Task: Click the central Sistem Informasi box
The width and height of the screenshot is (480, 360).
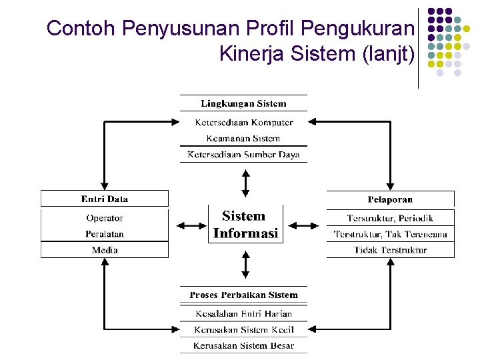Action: (245, 225)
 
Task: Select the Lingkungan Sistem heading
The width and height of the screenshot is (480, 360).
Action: (243, 103)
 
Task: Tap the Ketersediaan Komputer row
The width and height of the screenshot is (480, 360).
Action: (243, 122)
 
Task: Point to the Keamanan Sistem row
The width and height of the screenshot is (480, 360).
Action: (243, 139)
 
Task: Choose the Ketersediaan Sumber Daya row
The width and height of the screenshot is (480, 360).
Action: (243, 155)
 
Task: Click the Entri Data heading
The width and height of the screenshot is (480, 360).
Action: (105, 199)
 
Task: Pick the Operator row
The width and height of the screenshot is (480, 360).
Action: (105, 218)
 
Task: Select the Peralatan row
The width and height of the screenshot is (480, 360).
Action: (105, 234)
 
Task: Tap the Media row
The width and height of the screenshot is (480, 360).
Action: (105, 250)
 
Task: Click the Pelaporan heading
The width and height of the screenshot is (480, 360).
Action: (390, 199)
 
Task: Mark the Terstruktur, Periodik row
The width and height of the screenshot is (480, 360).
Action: (390, 218)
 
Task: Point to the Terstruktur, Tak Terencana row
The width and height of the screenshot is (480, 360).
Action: (390, 234)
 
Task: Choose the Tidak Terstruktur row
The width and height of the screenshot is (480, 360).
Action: (390, 250)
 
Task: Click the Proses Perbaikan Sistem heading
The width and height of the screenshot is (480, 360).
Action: (243, 295)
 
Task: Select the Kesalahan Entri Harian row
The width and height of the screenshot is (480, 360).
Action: (243, 313)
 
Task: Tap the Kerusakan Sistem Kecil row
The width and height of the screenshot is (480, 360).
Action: (243, 329)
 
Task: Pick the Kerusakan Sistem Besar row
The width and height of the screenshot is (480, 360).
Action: (243, 345)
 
